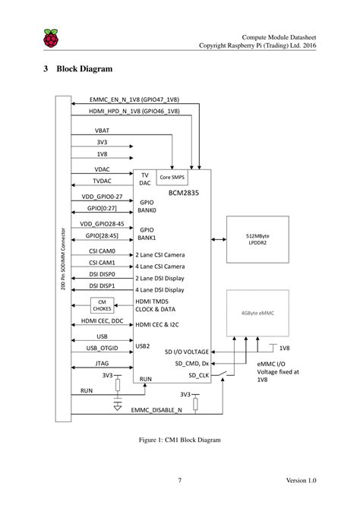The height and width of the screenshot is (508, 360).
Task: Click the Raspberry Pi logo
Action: pos(51,39)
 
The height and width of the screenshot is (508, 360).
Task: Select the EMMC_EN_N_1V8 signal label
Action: pos(134,99)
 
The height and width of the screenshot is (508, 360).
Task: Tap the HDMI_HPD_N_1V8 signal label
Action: pos(134,112)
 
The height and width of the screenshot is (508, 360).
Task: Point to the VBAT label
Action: pos(102,129)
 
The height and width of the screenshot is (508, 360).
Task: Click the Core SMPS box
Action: pos(174,177)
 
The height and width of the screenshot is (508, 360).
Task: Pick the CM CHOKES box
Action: pos(102,305)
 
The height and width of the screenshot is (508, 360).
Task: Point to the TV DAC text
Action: pos(144,179)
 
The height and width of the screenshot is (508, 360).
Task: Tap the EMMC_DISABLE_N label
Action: pos(156,410)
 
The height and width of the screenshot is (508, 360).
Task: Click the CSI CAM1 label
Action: pos(102,262)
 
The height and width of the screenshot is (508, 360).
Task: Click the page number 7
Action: pos(179,480)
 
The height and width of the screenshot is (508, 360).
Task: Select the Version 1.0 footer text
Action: pos(301,480)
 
